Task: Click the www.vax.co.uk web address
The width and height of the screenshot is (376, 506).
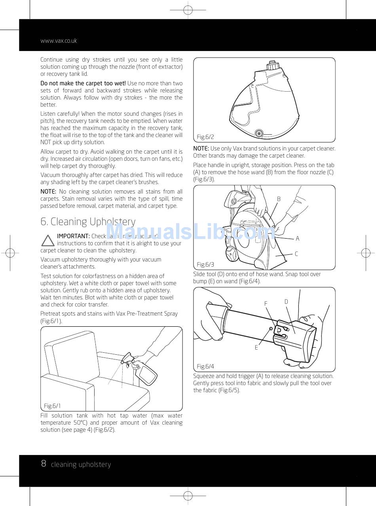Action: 59,41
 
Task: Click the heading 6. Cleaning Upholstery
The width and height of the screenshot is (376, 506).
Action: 88,222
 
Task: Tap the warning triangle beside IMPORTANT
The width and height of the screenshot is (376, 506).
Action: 48,241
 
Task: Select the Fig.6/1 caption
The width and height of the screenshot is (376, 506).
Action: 52,406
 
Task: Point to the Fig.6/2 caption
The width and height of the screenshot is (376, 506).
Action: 205,137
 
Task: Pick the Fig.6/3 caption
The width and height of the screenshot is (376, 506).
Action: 205,264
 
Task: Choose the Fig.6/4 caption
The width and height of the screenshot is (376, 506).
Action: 205,366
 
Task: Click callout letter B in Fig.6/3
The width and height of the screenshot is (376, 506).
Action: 279,199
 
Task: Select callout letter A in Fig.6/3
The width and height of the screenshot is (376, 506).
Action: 298,239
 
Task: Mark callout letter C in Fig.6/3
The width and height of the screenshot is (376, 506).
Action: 296,254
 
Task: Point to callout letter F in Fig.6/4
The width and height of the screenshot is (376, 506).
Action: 266,304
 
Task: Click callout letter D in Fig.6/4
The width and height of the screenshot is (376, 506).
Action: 286,302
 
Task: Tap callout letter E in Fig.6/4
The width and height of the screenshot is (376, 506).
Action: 256,348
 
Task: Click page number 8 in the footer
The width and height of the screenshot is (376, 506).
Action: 44,464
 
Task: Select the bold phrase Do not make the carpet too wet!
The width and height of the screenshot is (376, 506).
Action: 83,83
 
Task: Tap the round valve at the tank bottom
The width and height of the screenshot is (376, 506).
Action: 259,134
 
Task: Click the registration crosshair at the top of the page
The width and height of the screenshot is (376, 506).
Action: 188,10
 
